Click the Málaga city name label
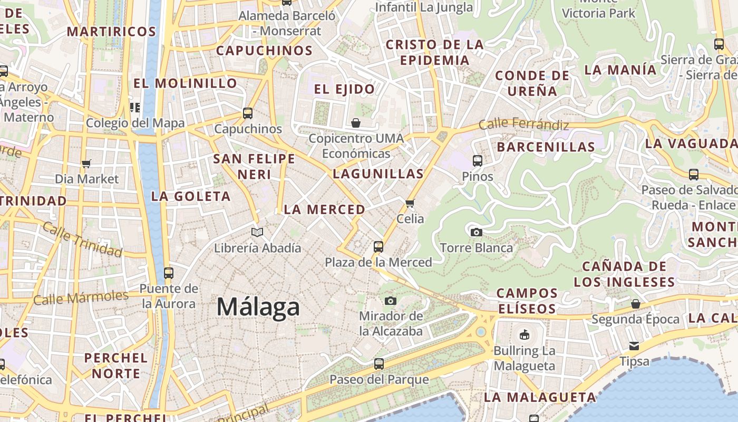pyautogui.click(x=258, y=306)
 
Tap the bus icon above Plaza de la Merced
pyautogui.click(x=378, y=246)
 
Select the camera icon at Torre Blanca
pyautogui.click(x=476, y=232)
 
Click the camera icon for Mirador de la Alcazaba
pyautogui.click(x=390, y=301)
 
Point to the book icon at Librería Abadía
pyautogui.click(x=257, y=232)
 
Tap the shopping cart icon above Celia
pyautogui.click(x=410, y=203)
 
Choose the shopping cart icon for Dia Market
pyautogui.click(x=86, y=164)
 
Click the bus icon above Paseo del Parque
pyautogui.click(x=378, y=363)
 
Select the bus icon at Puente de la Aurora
pyautogui.click(x=168, y=273)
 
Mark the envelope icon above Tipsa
pyautogui.click(x=634, y=346)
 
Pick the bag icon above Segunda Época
pyautogui.click(x=636, y=304)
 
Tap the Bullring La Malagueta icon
pyautogui.click(x=524, y=334)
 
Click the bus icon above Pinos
pyautogui.click(x=477, y=160)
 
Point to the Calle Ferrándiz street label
pyautogui.click(x=523, y=124)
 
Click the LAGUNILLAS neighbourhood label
pyautogui.click(x=378, y=174)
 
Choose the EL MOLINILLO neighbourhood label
pyautogui.click(x=185, y=83)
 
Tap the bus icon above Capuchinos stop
pyautogui.click(x=247, y=113)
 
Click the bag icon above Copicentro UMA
pyautogui.click(x=356, y=123)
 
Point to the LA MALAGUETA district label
pyautogui.click(x=540, y=397)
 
